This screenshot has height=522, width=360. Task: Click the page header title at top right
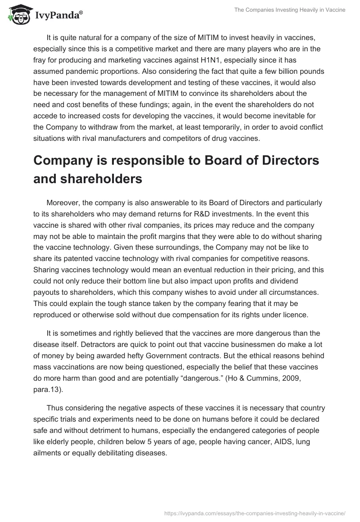pos(290,10)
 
